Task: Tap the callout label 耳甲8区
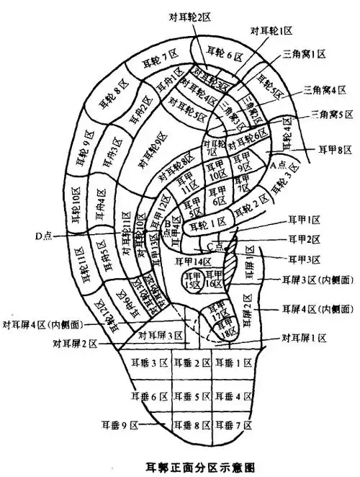tap(335, 150)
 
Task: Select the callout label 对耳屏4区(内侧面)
tap(41, 325)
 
